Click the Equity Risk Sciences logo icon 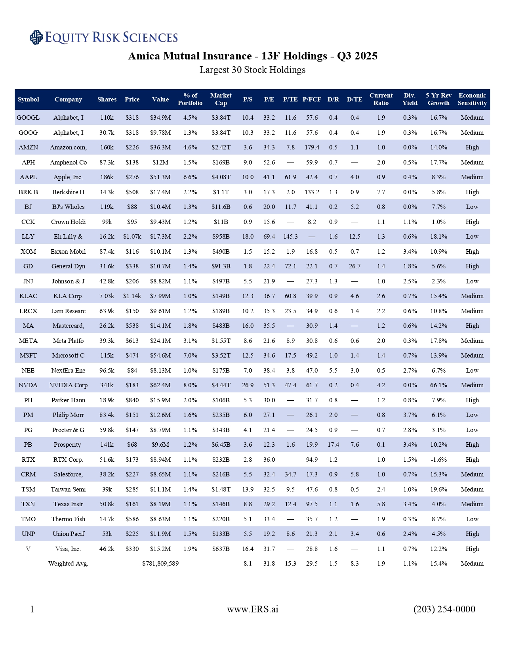pos(36,37)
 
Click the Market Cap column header pos(221,99)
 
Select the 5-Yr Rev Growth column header pos(438,99)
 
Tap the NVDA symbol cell pos(28,385)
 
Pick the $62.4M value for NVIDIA pos(160,385)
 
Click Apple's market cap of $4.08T pos(221,177)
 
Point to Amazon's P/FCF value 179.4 pos(312,147)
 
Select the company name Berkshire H pos(68,192)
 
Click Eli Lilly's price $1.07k pos(132,237)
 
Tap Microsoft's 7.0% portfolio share pos(190,356)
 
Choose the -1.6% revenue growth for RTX pos(438,460)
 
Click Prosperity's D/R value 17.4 pos(333,445)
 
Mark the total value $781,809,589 pos(160,564)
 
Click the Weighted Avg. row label pos(68,564)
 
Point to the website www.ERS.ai pos(252,609)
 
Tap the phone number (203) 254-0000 pos(444,609)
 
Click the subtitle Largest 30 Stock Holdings pos(252,70)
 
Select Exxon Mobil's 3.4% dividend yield pos(410,252)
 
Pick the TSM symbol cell pos(28,490)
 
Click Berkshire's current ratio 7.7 pos(381,192)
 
